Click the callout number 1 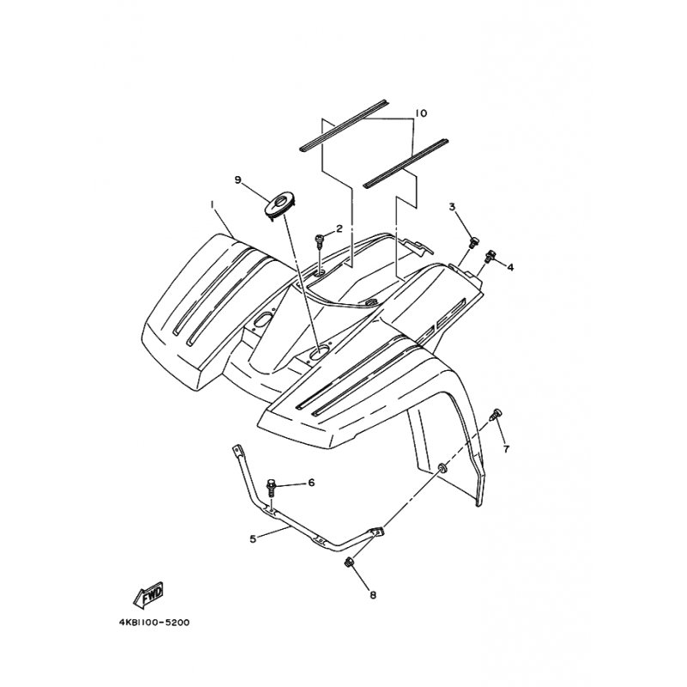[x=212, y=204]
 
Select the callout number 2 [x=339, y=228]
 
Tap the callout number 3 [x=453, y=206]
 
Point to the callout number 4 [x=510, y=267]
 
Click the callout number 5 [x=252, y=539]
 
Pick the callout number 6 [x=312, y=483]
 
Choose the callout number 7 [x=507, y=449]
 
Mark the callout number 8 [x=373, y=595]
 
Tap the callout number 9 [x=238, y=179]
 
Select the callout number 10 [x=420, y=113]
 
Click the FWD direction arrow [x=149, y=594]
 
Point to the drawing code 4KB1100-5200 [x=155, y=622]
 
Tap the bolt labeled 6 [x=271, y=488]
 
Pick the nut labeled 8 [x=350, y=562]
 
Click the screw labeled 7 [x=496, y=414]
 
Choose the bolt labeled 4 [x=489, y=256]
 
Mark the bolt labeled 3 [x=474, y=242]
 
